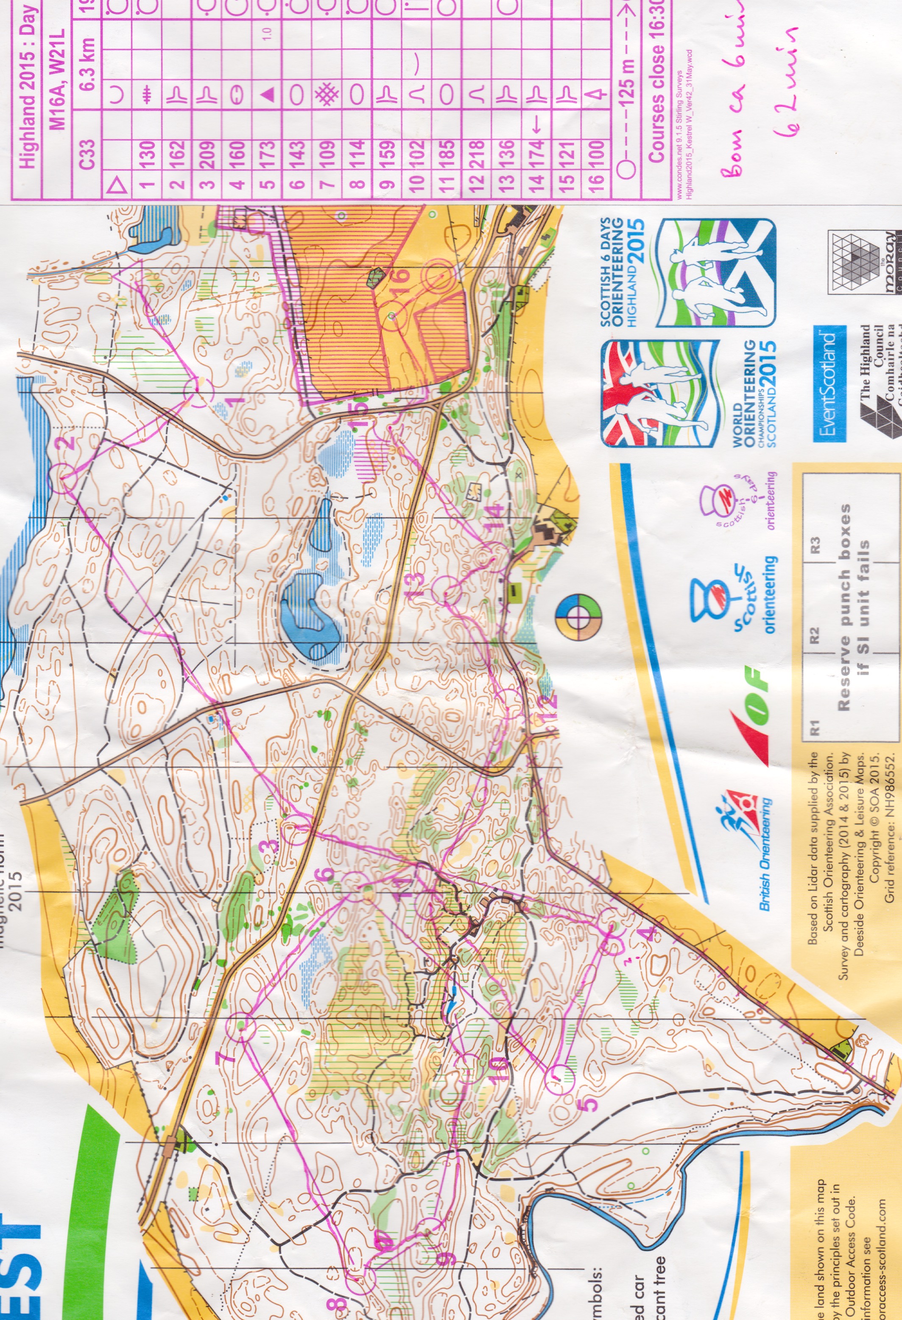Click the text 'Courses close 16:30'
tap(656, 85)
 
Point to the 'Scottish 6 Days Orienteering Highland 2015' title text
tap(622, 273)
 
